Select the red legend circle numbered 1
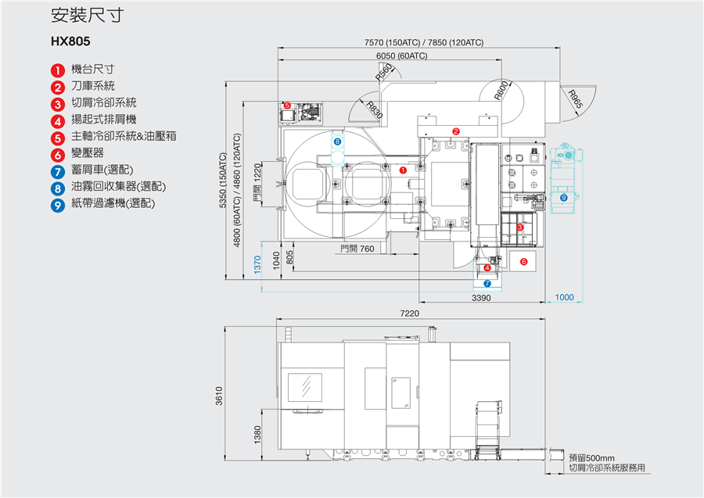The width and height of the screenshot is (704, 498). click(x=58, y=70)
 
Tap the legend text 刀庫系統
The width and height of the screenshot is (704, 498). click(x=92, y=86)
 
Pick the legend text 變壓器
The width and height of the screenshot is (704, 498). click(x=87, y=152)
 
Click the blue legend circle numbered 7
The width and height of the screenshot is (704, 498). click(x=58, y=170)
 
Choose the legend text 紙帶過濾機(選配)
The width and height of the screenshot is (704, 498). click(x=113, y=203)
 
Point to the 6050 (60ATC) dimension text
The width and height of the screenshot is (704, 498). click(x=401, y=56)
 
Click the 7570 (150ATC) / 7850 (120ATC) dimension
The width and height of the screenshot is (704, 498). click(x=424, y=42)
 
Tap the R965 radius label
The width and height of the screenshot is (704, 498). click(x=576, y=100)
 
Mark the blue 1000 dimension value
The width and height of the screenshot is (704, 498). click(x=564, y=298)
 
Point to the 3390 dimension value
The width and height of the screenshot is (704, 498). click(x=481, y=298)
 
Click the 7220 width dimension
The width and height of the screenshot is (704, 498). click(x=411, y=313)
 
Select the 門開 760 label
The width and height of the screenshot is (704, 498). click(x=357, y=249)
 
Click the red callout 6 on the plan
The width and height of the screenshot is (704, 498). click(x=524, y=261)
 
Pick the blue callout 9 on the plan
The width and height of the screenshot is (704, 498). click(x=563, y=198)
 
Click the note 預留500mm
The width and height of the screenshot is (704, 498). click(x=591, y=458)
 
